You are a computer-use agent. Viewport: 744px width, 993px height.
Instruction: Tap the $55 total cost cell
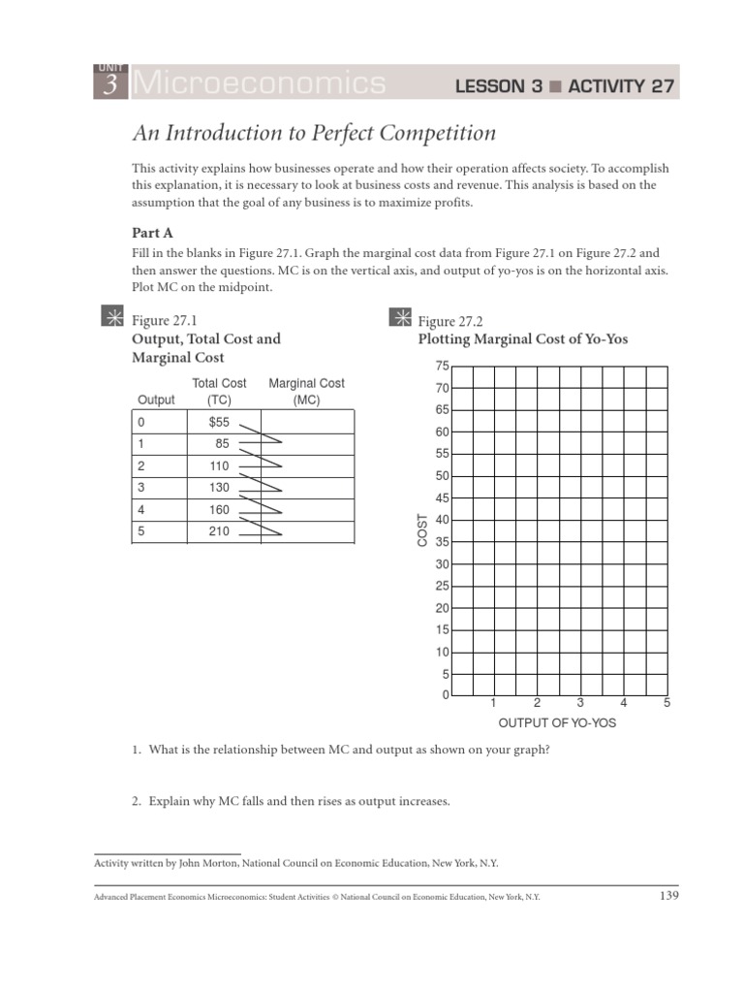pos(219,422)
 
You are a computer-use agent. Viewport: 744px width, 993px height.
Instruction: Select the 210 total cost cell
pos(219,531)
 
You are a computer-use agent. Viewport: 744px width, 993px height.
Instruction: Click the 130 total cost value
pos(219,488)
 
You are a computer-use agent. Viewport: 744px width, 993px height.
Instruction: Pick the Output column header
pos(157,400)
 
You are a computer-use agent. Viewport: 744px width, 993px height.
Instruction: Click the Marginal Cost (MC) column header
pos(306,391)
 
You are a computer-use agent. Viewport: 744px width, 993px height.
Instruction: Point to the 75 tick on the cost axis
pos(443,366)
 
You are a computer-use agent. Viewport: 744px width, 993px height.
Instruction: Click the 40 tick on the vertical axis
pos(443,520)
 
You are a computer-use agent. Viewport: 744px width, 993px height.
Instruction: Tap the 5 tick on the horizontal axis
pos(666,703)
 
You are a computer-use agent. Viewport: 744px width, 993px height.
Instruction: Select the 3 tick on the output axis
pos(579,703)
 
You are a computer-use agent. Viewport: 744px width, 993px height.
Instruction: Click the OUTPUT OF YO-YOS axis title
pos(557,723)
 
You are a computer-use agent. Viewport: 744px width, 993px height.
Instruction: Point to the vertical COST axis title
pos(422,529)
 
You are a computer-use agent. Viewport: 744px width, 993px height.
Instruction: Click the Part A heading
pos(152,233)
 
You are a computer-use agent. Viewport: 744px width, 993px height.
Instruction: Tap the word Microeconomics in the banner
pos(258,84)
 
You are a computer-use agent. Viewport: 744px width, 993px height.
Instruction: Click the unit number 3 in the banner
pos(110,85)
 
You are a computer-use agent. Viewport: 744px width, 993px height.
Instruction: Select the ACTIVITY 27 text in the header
pos(620,86)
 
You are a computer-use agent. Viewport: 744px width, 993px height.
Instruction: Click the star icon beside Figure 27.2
pos(400,316)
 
